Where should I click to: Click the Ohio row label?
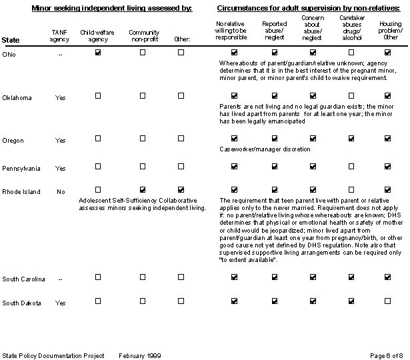(x=9, y=54)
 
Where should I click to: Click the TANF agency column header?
(x=60, y=36)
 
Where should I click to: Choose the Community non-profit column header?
(x=143, y=36)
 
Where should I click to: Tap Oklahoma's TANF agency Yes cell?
(x=60, y=98)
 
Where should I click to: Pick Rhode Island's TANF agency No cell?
(x=60, y=191)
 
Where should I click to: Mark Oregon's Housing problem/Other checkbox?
(x=387, y=139)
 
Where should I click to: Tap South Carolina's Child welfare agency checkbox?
(x=98, y=277)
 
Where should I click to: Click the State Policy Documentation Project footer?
(x=53, y=355)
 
